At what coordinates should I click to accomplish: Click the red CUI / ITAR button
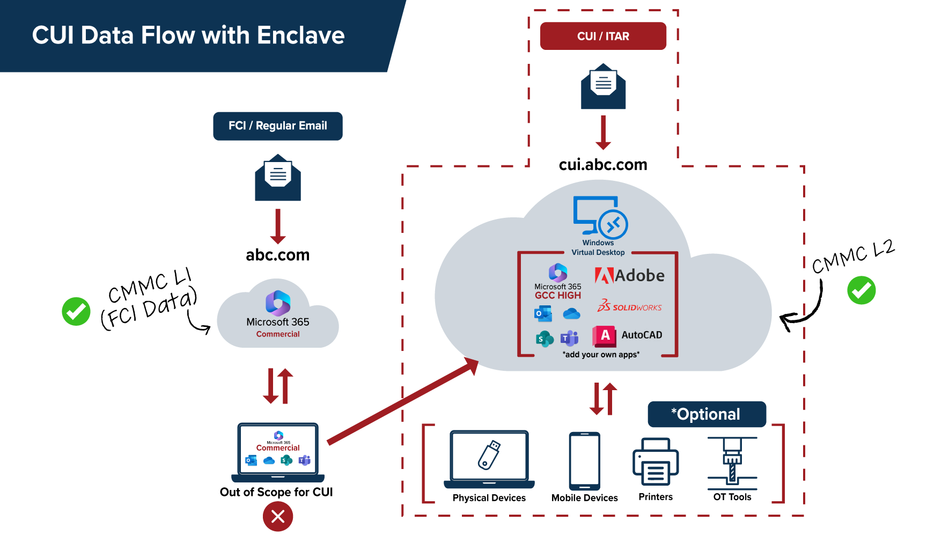(602, 36)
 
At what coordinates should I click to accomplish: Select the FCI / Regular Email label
(277, 126)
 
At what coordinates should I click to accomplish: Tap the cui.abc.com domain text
(602, 164)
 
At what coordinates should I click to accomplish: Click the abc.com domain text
(277, 254)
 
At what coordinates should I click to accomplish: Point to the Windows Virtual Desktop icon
(600, 217)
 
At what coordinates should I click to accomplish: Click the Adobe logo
(629, 275)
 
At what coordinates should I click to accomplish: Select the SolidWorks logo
(629, 306)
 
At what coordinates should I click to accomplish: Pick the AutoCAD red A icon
(605, 335)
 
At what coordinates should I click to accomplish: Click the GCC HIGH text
(557, 295)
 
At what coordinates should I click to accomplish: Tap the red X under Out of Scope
(277, 516)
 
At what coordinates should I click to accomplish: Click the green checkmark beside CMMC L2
(861, 290)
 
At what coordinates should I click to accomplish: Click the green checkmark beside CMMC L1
(76, 311)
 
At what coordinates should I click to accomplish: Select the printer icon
(656, 462)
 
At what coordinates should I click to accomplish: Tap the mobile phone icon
(584, 460)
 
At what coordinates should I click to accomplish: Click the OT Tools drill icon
(732, 462)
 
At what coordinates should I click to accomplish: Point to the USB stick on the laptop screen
(489, 455)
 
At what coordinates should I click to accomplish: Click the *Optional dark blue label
(707, 414)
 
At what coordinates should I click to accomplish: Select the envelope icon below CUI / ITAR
(603, 87)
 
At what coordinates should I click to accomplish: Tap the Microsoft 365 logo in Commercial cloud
(278, 303)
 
